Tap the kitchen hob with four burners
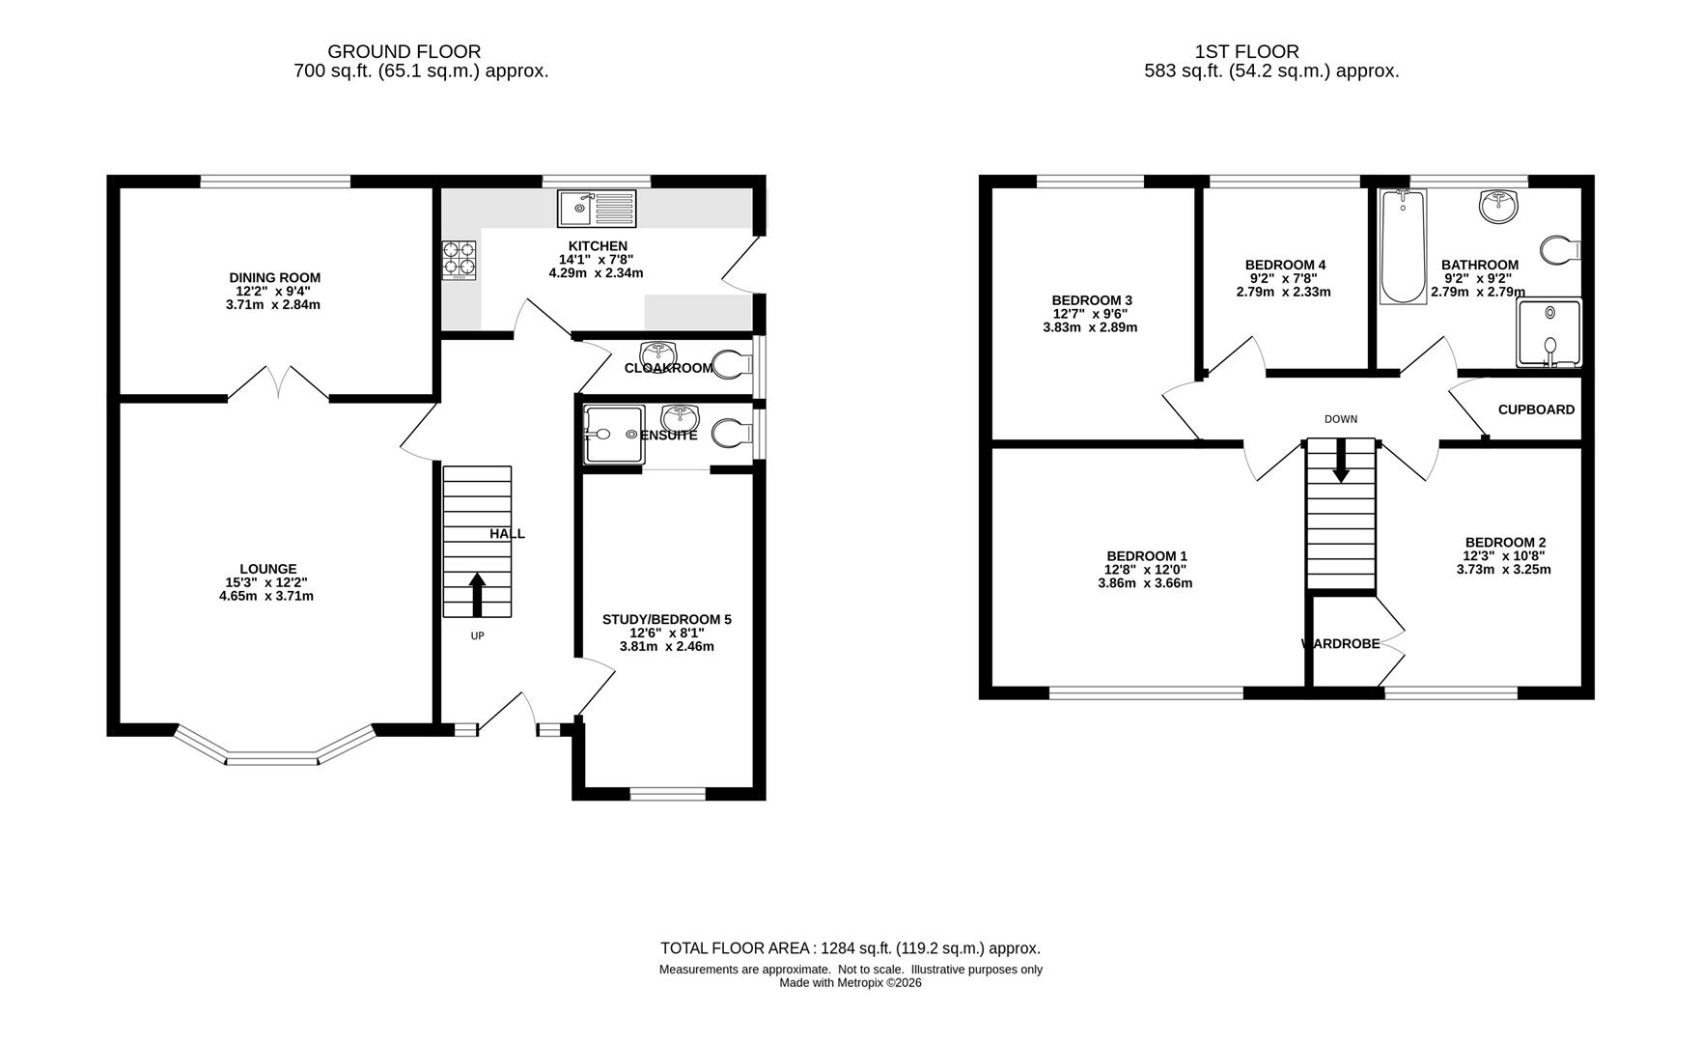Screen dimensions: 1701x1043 click(x=460, y=260)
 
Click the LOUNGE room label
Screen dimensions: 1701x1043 click(x=268, y=570)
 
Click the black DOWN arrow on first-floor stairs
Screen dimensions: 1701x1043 click(x=1341, y=461)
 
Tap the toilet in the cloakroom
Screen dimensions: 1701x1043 click(x=733, y=364)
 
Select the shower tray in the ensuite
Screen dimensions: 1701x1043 click(x=614, y=435)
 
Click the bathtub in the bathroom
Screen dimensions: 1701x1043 click(x=1403, y=247)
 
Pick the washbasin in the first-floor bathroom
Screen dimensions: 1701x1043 click(x=1498, y=206)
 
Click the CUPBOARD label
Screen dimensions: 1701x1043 click(x=1536, y=409)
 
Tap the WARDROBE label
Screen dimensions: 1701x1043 click(x=1341, y=644)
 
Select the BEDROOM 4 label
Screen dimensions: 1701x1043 click(x=1285, y=266)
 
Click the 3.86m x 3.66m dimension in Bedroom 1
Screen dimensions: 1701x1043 click(x=1145, y=583)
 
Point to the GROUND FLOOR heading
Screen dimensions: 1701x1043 click(x=404, y=52)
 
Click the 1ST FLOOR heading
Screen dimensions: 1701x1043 click(x=1247, y=52)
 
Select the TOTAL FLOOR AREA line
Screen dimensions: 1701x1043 click(x=850, y=948)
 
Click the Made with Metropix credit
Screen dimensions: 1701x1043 click(x=850, y=983)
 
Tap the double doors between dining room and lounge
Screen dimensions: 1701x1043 click(x=278, y=382)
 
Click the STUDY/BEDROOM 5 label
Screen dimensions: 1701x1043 click(x=667, y=620)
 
